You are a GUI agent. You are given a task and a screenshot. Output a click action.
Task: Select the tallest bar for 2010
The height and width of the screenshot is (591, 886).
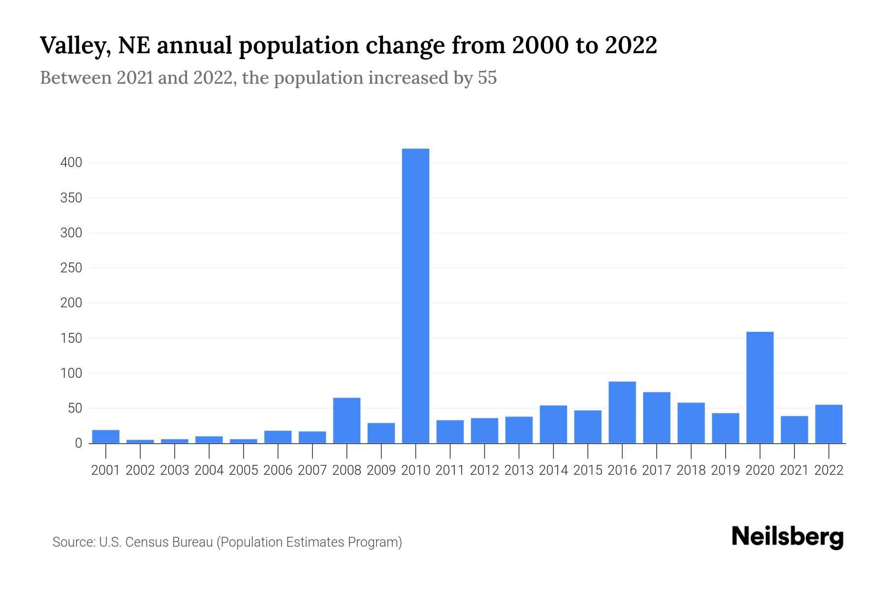coord(415,295)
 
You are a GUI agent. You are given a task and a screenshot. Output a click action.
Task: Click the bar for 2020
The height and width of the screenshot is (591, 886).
coord(759,388)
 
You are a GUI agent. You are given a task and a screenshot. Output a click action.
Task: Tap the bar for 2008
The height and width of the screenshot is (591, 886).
coord(347,420)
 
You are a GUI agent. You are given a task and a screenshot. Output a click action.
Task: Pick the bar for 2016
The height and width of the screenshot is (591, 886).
coord(622,412)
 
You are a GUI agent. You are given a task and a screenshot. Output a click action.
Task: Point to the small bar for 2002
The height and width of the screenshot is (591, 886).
coord(140,441)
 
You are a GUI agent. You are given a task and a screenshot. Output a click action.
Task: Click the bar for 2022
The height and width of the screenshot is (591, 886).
coord(828,424)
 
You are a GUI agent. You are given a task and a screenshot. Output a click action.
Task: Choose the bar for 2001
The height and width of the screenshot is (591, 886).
coord(106,436)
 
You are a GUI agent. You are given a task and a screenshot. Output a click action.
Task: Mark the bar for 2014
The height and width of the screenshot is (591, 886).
coord(553,424)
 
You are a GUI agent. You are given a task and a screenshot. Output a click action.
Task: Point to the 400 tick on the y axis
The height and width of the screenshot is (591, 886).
coord(71,163)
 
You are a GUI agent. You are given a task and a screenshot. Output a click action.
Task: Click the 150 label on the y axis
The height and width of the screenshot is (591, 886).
coord(71,338)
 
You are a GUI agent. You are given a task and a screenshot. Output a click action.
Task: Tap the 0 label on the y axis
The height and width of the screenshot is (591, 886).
coord(78,443)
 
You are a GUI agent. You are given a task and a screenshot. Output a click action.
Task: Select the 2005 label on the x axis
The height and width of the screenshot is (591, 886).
coord(244,470)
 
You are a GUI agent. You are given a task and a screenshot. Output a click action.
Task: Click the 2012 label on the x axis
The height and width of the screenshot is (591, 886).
coord(484,470)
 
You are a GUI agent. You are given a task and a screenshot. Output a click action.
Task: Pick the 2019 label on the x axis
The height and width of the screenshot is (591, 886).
coord(725,470)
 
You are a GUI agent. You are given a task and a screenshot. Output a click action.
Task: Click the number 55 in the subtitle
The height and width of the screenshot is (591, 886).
coord(487,78)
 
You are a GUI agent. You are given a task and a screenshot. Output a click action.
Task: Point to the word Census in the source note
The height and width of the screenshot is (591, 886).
coord(147,542)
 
